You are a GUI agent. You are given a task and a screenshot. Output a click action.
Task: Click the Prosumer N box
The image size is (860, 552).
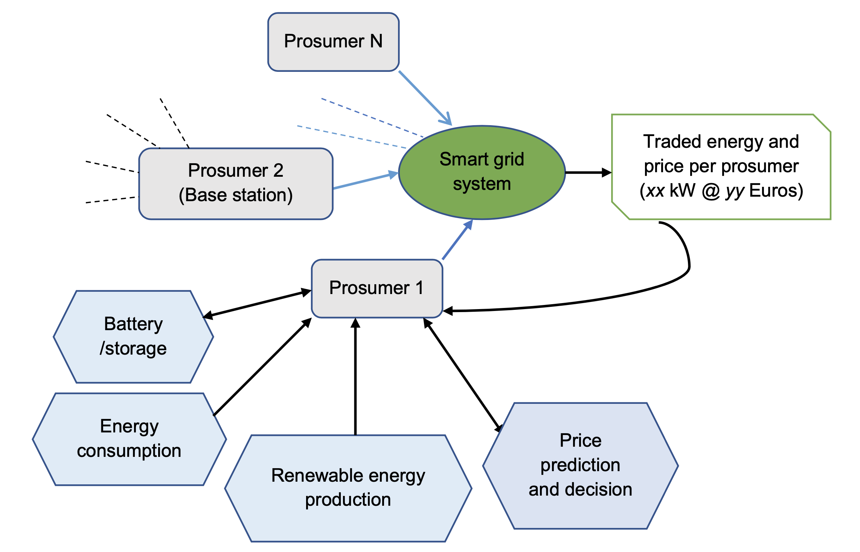(333, 42)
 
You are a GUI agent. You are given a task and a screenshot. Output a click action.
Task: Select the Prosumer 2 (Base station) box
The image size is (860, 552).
(236, 183)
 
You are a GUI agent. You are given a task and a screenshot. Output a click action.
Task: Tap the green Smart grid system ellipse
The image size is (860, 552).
(482, 172)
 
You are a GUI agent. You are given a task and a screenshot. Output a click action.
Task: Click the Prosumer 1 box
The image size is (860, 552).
(377, 288)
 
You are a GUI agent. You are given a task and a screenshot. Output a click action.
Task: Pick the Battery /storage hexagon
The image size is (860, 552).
(133, 337)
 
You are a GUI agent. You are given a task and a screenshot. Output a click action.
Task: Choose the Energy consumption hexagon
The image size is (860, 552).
(129, 439)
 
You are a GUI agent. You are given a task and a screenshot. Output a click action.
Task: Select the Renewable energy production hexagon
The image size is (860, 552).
(348, 488)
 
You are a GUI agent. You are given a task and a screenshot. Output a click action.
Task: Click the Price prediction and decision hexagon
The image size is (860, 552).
(580, 466)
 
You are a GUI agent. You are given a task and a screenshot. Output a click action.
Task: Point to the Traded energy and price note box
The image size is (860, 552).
(721, 167)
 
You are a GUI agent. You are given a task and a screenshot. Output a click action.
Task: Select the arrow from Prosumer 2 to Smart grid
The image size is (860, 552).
(365, 181)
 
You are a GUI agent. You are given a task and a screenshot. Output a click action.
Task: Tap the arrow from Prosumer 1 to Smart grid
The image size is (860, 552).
(457, 240)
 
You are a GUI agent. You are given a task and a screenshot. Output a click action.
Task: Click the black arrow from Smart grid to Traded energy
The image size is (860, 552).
(587, 173)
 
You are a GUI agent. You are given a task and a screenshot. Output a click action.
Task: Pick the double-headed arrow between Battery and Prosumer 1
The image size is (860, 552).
(257, 304)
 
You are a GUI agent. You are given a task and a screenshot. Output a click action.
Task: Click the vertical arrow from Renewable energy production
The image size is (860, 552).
(355, 376)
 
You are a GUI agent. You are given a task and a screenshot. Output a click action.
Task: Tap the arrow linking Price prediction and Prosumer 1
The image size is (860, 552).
(462, 375)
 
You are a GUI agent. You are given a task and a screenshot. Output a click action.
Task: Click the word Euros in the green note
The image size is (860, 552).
(776, 191)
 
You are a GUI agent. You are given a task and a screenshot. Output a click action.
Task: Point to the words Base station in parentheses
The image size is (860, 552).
(236, 195)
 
